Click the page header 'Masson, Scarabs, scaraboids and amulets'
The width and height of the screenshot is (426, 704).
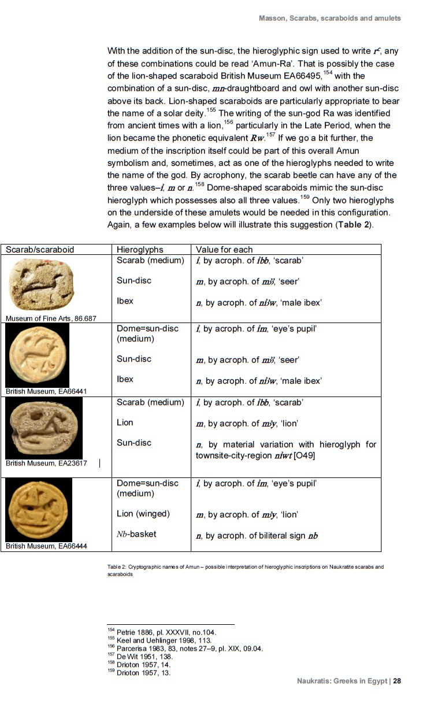pos(329,18)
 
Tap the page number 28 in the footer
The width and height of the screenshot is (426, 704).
pos(397,681)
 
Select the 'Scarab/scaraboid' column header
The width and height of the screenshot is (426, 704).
pos(40,250)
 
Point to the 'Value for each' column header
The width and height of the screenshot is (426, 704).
pos(224,250)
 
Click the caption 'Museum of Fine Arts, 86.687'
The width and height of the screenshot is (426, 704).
pos(51,318)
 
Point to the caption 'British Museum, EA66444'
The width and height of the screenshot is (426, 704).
pos(46,546)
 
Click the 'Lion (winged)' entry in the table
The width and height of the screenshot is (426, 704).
pos(143,514)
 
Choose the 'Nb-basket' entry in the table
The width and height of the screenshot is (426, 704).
pos(136,534)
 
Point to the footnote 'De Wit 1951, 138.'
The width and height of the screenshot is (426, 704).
pos(142,657)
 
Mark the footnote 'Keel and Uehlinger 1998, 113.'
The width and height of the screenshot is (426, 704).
pos(164,640)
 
